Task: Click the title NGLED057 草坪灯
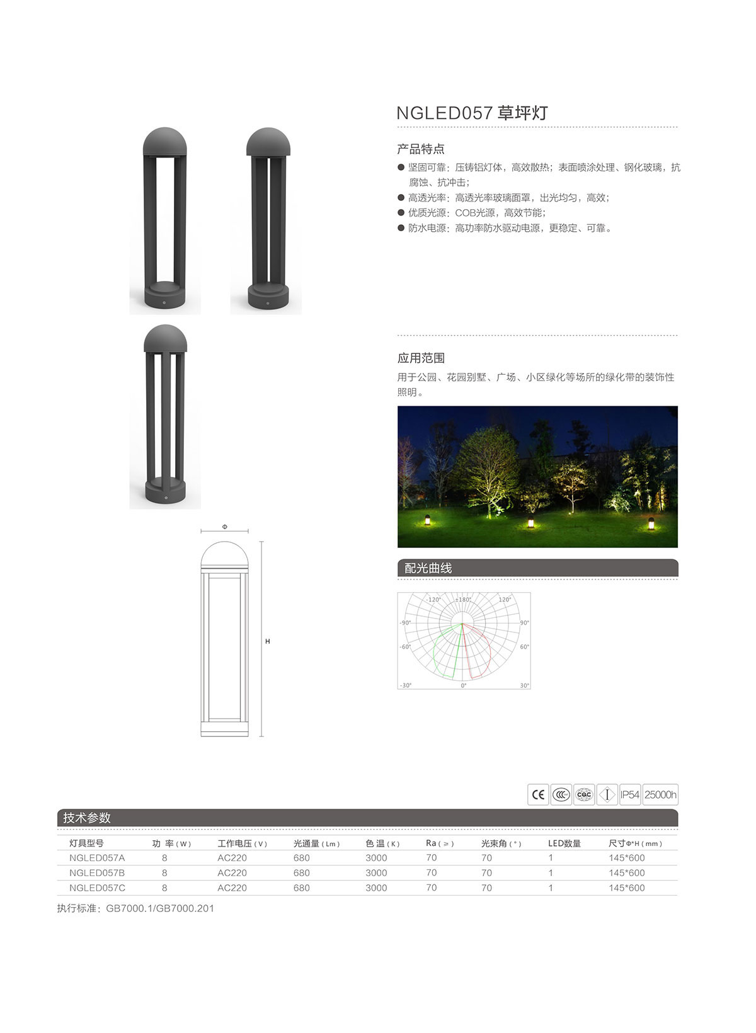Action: click(472, 113)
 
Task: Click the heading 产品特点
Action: click(421, 149)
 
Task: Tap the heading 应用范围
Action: click(421, 358)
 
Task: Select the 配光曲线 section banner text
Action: click(428, 568)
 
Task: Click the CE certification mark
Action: click(538, 795)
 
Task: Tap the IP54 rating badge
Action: click(629, 795)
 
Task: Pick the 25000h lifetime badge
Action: click(660, 795)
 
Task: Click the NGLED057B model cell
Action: click(97, 873)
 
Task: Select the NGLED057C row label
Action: click(97, 888)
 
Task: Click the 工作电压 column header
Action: click(242, 843)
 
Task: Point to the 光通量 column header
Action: click(316, 843)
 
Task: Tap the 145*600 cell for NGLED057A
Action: click(626, 858)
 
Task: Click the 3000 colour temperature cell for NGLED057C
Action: click(376, 888)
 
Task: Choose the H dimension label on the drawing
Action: click(268, 641)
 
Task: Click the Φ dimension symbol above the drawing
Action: click(225, 527)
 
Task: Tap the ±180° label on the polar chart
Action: click(464, 600)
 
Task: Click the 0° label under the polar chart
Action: click(464, 685)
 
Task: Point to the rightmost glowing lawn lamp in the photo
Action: click(651, 523)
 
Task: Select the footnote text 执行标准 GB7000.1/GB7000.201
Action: click(135, 908)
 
